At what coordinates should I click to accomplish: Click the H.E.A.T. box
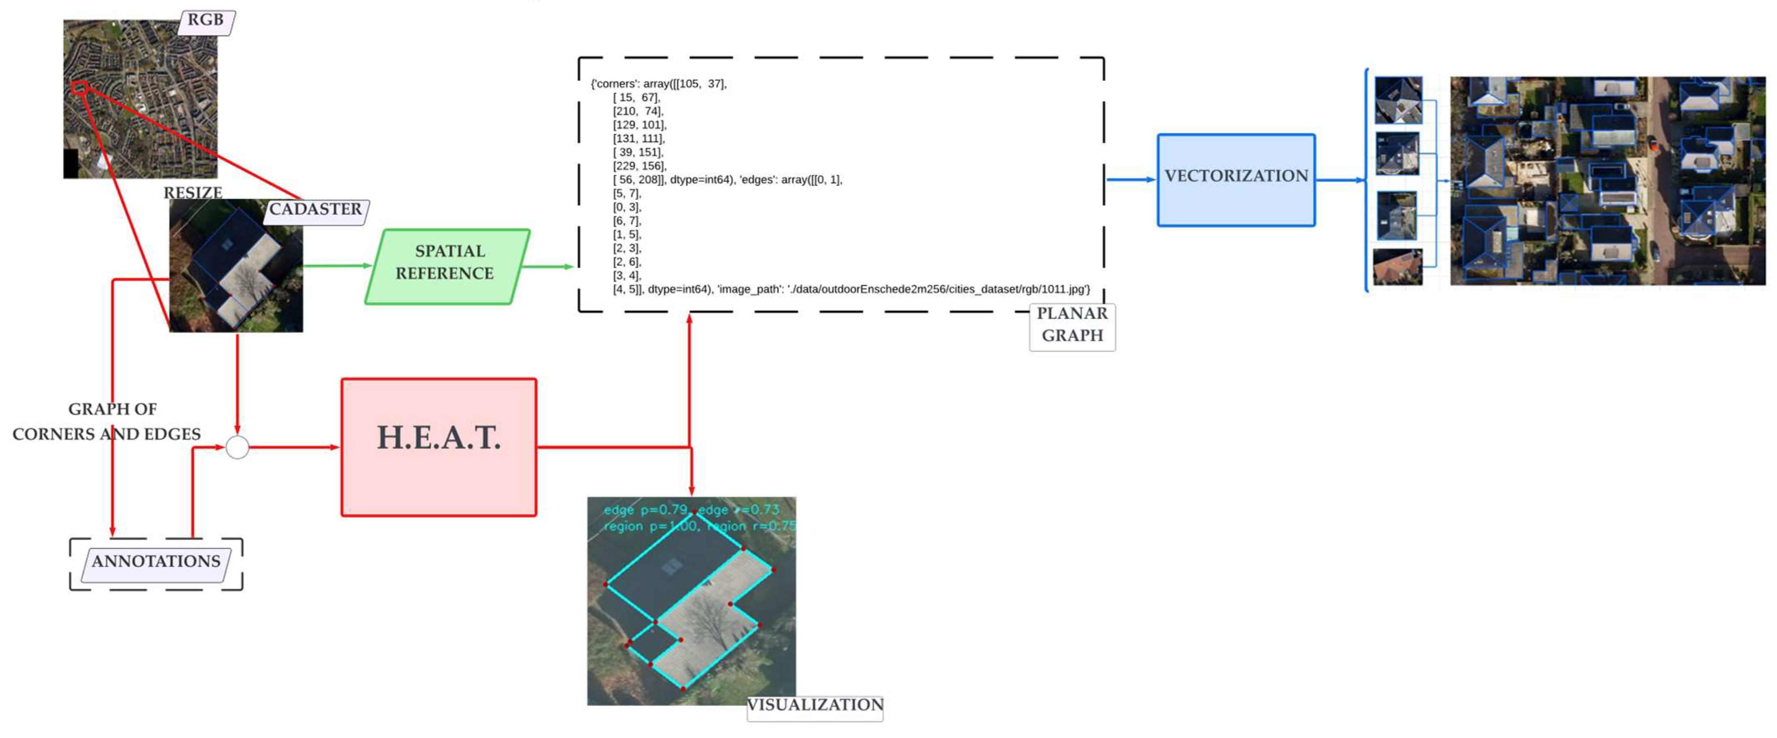coord(439,447)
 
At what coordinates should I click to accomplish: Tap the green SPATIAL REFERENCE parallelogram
coord(447,266)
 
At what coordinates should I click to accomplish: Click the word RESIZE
coord(192,193)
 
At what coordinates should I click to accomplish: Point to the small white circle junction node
coord(237,448)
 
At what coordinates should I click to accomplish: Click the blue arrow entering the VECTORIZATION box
coord(1131,180)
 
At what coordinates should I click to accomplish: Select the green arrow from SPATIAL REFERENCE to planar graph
coord(549,266)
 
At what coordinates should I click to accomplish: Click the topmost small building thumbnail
coord(1398,101)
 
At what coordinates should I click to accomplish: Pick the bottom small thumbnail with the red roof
coord(1398,267)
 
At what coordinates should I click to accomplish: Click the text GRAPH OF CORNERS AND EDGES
coord(107,421)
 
